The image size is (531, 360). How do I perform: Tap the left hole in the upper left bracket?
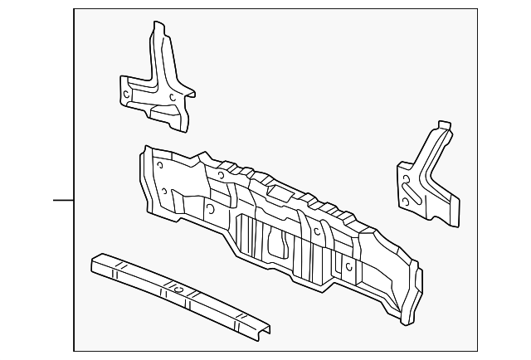point(126,95)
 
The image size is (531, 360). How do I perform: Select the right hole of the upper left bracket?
point(172,97)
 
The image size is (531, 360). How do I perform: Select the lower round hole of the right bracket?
point(404,202)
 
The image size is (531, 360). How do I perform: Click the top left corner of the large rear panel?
point(146,148)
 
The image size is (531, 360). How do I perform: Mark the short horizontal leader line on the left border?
point(64,200)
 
